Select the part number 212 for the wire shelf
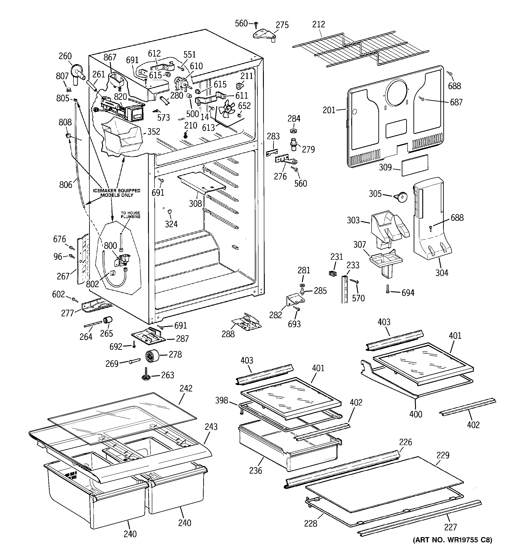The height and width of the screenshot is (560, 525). (318, 24)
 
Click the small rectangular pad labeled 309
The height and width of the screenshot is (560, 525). (415, 165)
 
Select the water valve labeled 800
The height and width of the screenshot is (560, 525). (123, 259)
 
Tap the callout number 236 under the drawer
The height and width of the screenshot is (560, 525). (255, 470)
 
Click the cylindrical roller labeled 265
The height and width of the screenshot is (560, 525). (107, 320)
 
